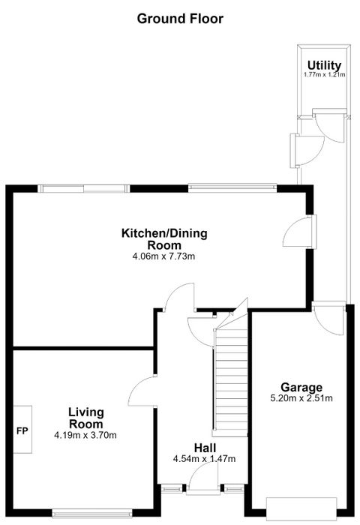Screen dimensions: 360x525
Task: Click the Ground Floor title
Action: pyautogui.click(x=180, y=19)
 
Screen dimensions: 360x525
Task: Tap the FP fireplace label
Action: pyautogui.click(x=22, y=431)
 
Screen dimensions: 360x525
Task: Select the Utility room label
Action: pyautogui.click(x=324, y=65)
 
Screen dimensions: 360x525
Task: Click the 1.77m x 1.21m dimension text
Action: pyautogui.click(x=324, y=75)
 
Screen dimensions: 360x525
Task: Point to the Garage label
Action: pyautogui.click(x=301, y=388)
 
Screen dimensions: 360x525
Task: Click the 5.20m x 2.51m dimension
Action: pyautogui.click(x=301, y=398)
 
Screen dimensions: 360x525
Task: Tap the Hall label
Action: pyautogui.click(x=205, y=448)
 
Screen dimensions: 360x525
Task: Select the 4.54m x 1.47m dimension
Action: pyautogui.click(x=204, y=459)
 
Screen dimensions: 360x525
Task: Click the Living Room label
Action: pyautogui.click(x=86, y=418)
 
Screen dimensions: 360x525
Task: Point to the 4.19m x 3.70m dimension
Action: pyautogui.click(x=85, y=435)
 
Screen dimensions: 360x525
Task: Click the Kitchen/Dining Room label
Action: pyautogui.click(x=164, y=238)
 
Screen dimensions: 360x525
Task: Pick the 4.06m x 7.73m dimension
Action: pyautogui.click(x=163, y=256)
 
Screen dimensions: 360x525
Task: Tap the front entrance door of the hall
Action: pyautogui.click(x=203, y=479)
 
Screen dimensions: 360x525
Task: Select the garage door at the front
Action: pyautogui.click(x=301, y=509)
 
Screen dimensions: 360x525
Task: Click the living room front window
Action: pyautogui.click(x=92, y=513)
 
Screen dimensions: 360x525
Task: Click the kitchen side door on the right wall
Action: pyautogui.click(x=300, y=232)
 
